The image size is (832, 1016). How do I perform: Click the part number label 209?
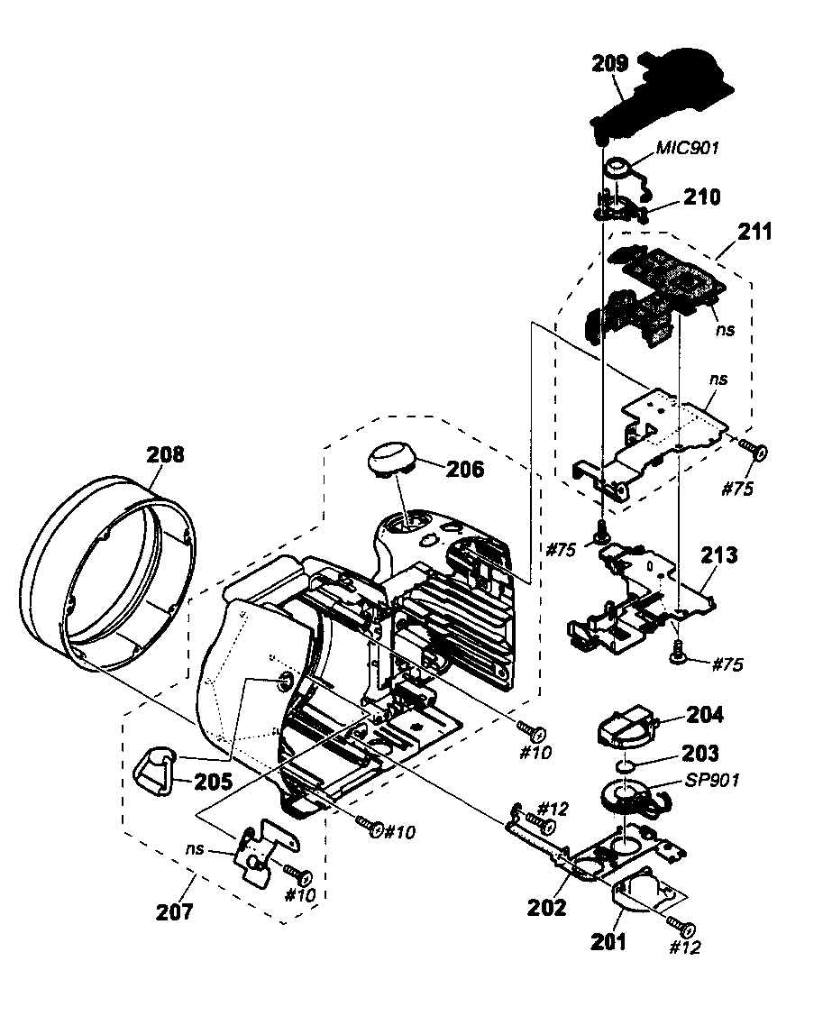(x=610, y=63)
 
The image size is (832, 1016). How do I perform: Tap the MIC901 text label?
(x=687, y=148)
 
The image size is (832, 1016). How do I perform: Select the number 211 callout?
(x=754, y=232)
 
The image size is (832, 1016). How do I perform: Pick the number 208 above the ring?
(x=165, y=454)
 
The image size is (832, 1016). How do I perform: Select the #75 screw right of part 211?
(x=752, y=449)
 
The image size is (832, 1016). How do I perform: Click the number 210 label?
(x=701, y=197)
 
